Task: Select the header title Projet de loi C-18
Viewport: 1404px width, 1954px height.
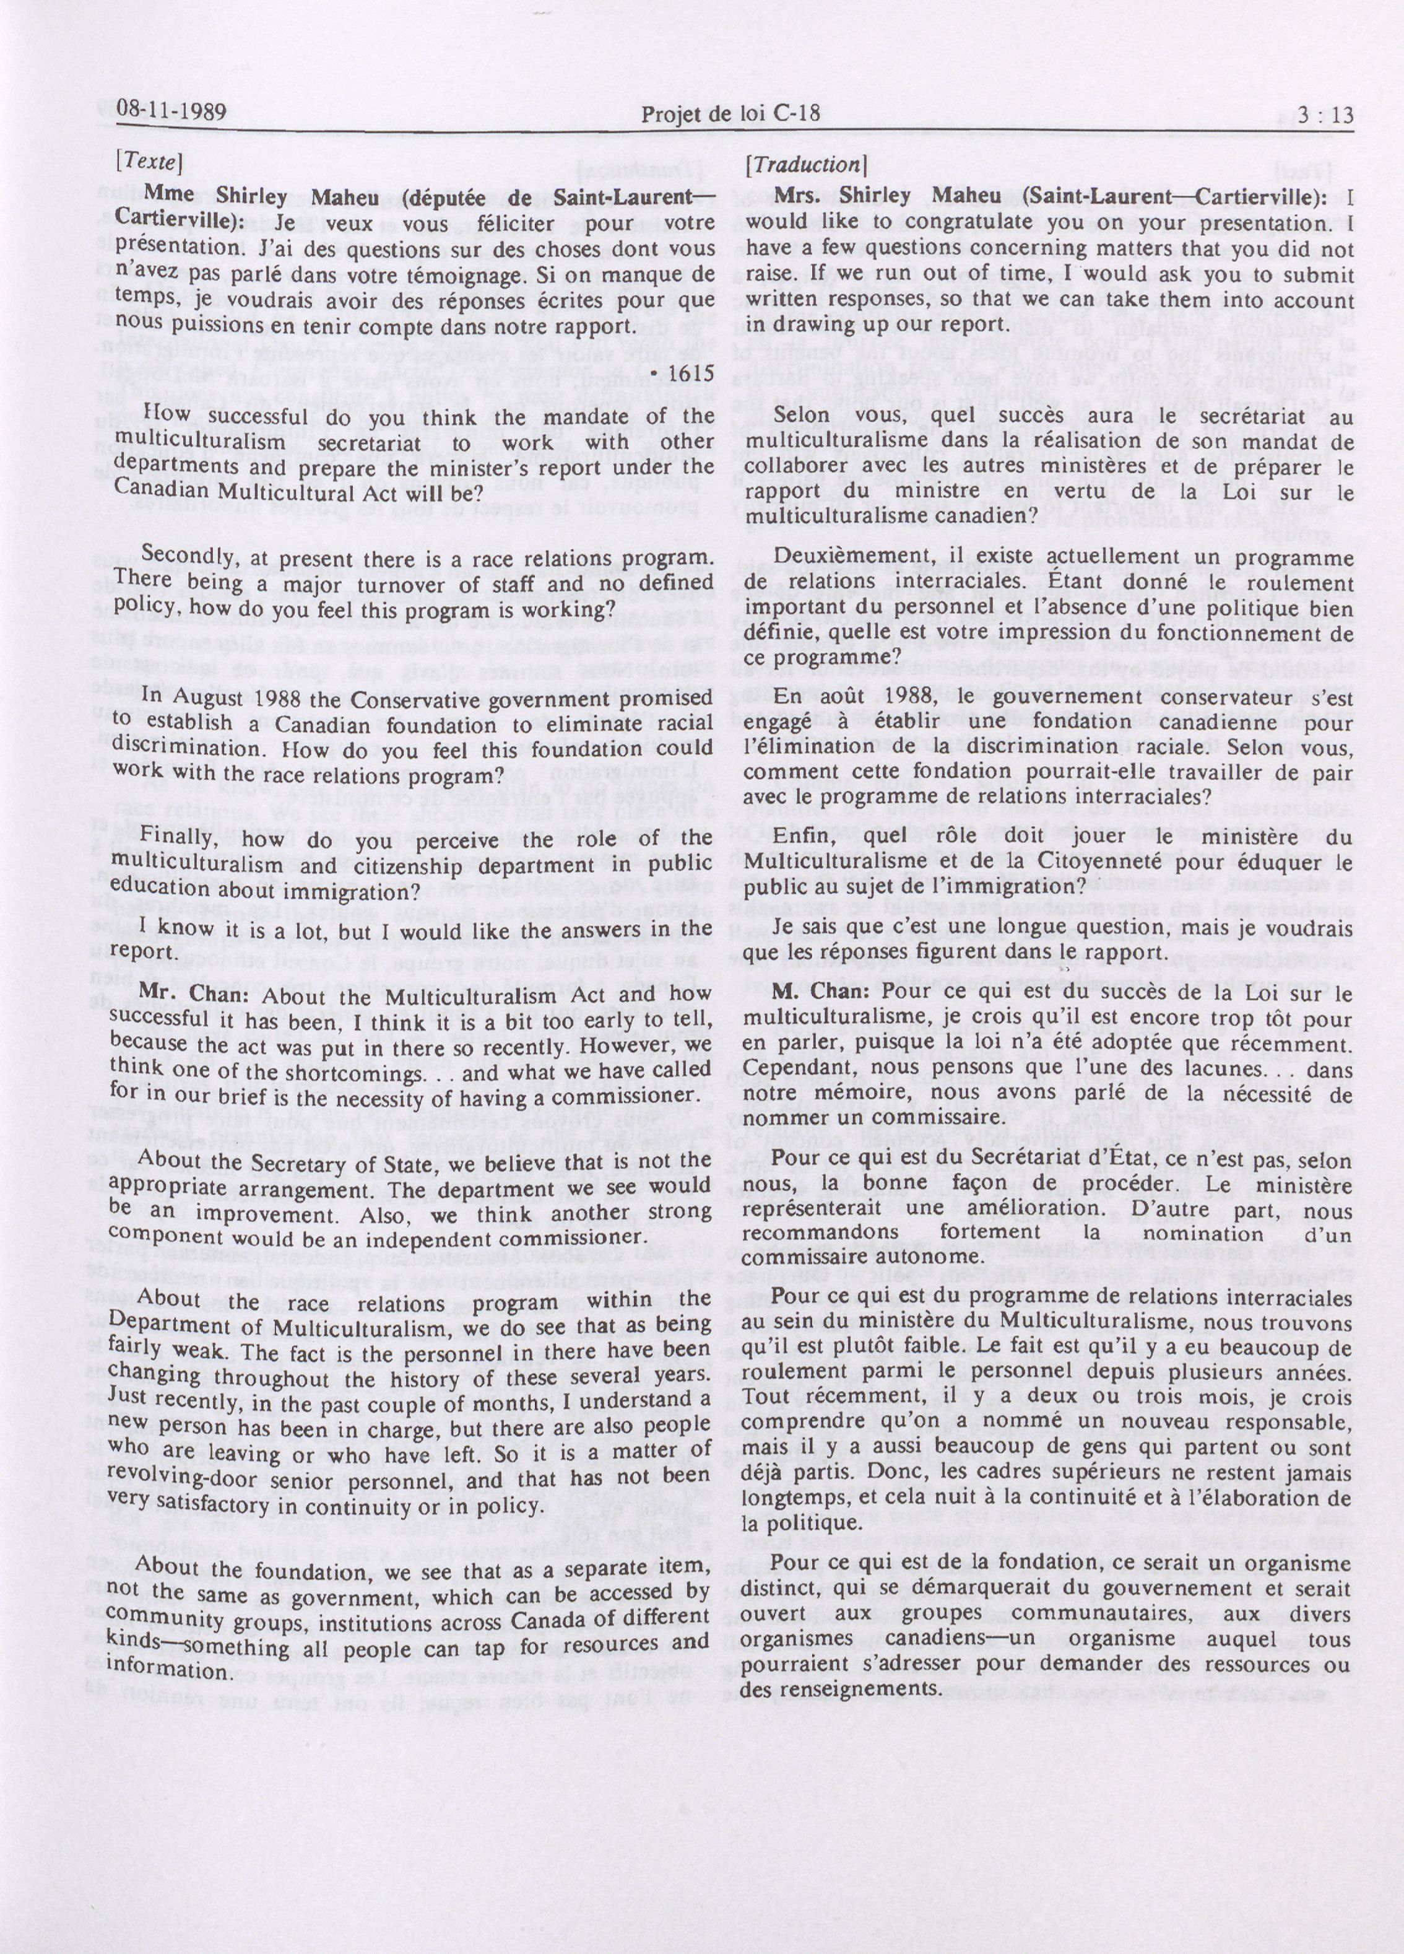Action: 730,113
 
